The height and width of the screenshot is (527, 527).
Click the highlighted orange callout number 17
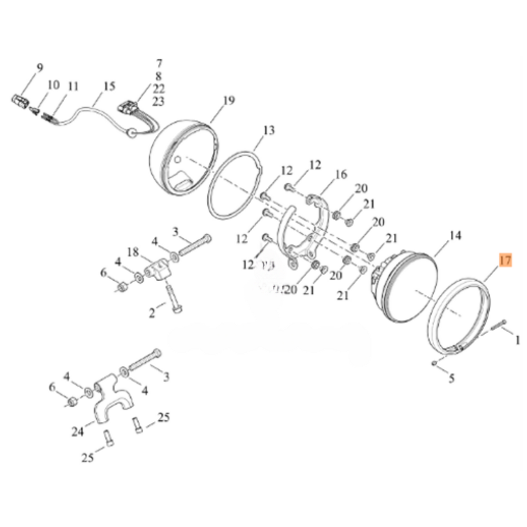[505, 261]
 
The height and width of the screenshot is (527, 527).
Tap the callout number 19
[229, 101]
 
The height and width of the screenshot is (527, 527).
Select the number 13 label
[268, 131]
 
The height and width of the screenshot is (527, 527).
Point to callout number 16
[341, 174]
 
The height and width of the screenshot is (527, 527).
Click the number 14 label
[455, 236]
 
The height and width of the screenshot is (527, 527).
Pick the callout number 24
[78, 432]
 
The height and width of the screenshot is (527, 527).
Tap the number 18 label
[133, 252]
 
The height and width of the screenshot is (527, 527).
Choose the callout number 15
[109, 86]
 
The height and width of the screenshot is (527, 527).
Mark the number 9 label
[39, 68]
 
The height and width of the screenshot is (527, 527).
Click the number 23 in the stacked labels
[158, 101]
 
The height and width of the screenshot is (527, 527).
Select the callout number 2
[152, 313]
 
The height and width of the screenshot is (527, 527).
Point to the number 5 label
[452, 378]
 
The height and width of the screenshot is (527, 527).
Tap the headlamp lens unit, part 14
[405, 288]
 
